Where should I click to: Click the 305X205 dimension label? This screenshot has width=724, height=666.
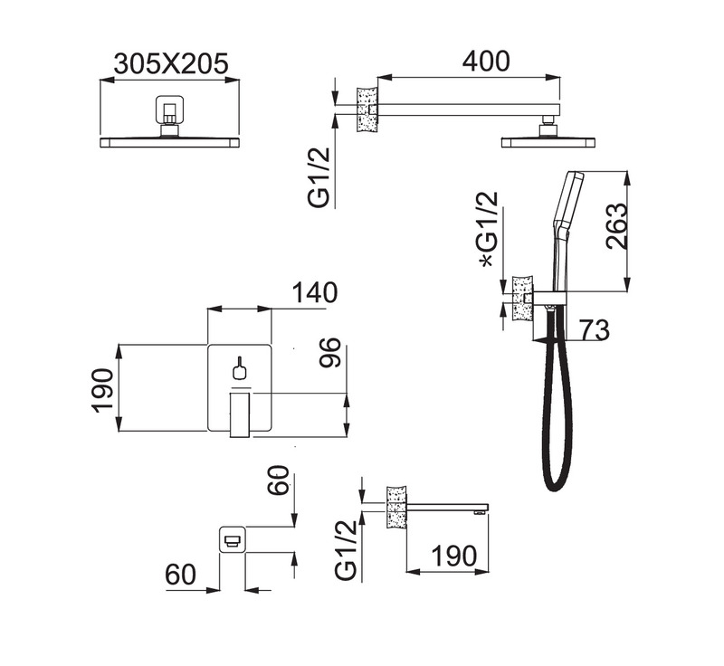coord(171,63)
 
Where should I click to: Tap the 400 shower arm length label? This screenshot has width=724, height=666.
coord(486,61)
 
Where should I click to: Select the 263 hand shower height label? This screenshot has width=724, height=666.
coord(617,226)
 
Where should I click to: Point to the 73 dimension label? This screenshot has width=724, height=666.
coord(595,330)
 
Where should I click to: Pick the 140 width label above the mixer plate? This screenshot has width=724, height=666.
coord(314,292)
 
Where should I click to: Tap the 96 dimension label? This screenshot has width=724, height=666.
coord(329,353)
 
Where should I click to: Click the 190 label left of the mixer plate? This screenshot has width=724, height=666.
coord(102,389)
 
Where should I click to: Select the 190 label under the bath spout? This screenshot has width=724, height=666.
coord(454,556)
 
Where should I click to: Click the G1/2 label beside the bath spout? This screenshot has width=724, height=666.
coord(347,549)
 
